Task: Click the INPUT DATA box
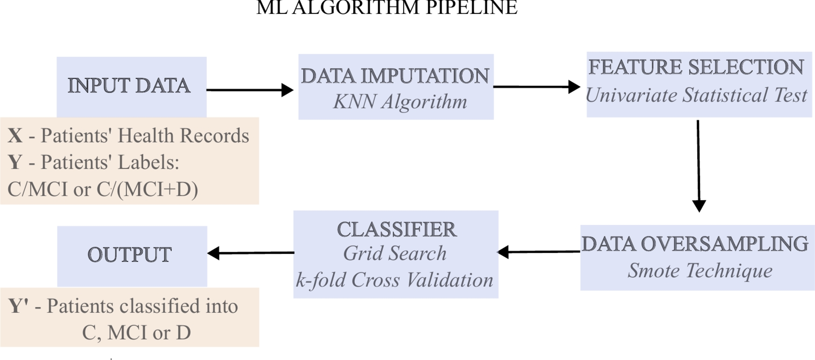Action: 131,86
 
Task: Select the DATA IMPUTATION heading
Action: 395,76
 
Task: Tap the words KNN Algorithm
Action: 400,102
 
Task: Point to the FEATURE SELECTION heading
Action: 696,67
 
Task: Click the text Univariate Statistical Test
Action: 696,95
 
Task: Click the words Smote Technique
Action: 700,271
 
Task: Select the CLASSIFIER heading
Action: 396,229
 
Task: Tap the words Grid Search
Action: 395,254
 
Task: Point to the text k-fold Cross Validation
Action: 395,280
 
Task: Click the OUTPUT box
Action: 132,255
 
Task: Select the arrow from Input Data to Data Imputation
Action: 250,90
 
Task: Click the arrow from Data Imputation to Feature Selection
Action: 536,87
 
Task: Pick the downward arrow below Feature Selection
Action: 698,165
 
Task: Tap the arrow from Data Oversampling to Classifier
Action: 539,252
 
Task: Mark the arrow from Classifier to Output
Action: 251,253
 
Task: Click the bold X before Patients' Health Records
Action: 15,136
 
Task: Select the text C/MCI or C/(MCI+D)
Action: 103,189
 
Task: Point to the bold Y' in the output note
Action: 19,306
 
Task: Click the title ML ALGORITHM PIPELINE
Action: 386,7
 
